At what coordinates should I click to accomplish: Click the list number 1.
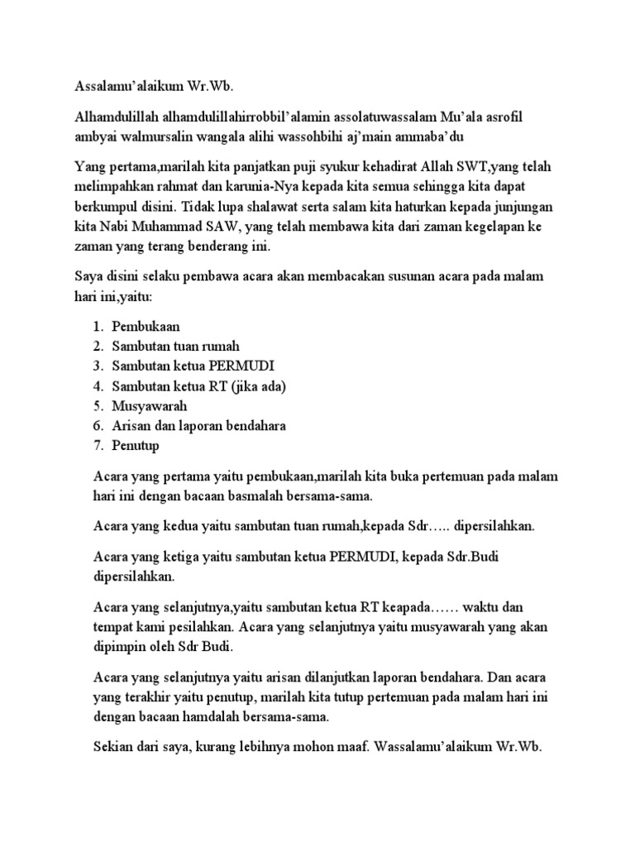click(x=97, y=327)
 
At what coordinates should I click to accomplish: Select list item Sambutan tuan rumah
click(x=176, y=346)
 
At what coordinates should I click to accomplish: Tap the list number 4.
click(x=97, y=386)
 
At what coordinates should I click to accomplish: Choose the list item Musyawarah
click(x=150, y=406)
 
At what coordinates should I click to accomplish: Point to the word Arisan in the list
click(x=132, y=426)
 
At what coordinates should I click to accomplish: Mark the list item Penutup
click(x=136, y=446)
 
